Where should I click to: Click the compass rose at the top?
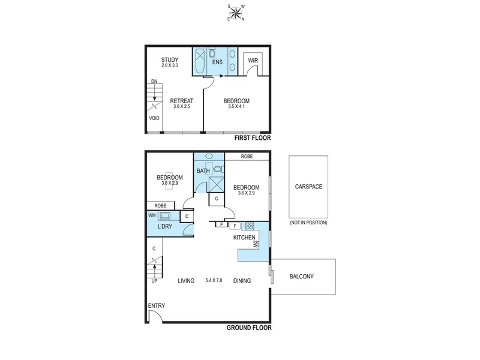[x=236, y=13]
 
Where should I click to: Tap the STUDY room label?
[x=170, y=59]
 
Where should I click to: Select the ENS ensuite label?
[x=217, y=62]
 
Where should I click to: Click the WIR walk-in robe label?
[x=253, y=61]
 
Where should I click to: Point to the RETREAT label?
[x=182, y=101]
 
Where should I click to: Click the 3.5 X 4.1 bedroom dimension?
[x=236, y=107]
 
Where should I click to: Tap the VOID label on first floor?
[x=154, y=118]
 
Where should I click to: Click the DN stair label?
[x=154, y=81]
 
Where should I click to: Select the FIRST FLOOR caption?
[x=253, y=138]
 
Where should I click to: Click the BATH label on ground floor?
[x=203, y=171]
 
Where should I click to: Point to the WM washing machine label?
[x=152, y=215]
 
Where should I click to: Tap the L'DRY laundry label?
[x=164, y=227]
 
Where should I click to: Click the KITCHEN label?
[x=244, y=238]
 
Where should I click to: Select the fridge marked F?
[x=235, y=226]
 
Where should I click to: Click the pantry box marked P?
[x=221, y=224]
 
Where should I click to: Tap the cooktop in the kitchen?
[x=249, y=226]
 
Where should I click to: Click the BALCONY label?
[x=302, y=277]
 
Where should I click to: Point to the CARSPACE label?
[x=308, y=187]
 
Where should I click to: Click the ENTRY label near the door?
[x=157, y=305]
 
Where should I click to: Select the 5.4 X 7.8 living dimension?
[x=214, y=280]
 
